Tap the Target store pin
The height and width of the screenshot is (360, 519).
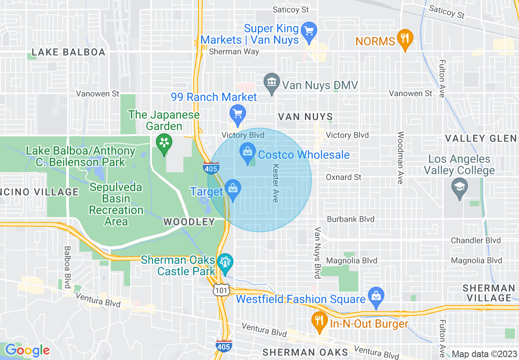pos(233,189)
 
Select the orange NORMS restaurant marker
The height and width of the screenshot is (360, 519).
pos(404,39)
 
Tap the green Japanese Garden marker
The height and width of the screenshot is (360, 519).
pos(164,144)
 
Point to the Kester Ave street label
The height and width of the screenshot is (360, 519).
pos(275,183)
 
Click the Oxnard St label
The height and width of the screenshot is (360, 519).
pos(344,177)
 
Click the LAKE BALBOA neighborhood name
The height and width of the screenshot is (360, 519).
pos(68,52)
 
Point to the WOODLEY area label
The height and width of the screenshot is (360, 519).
pos(189,222)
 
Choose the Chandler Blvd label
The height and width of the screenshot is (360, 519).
pos(476,241)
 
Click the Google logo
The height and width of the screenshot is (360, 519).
pos(27,351)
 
